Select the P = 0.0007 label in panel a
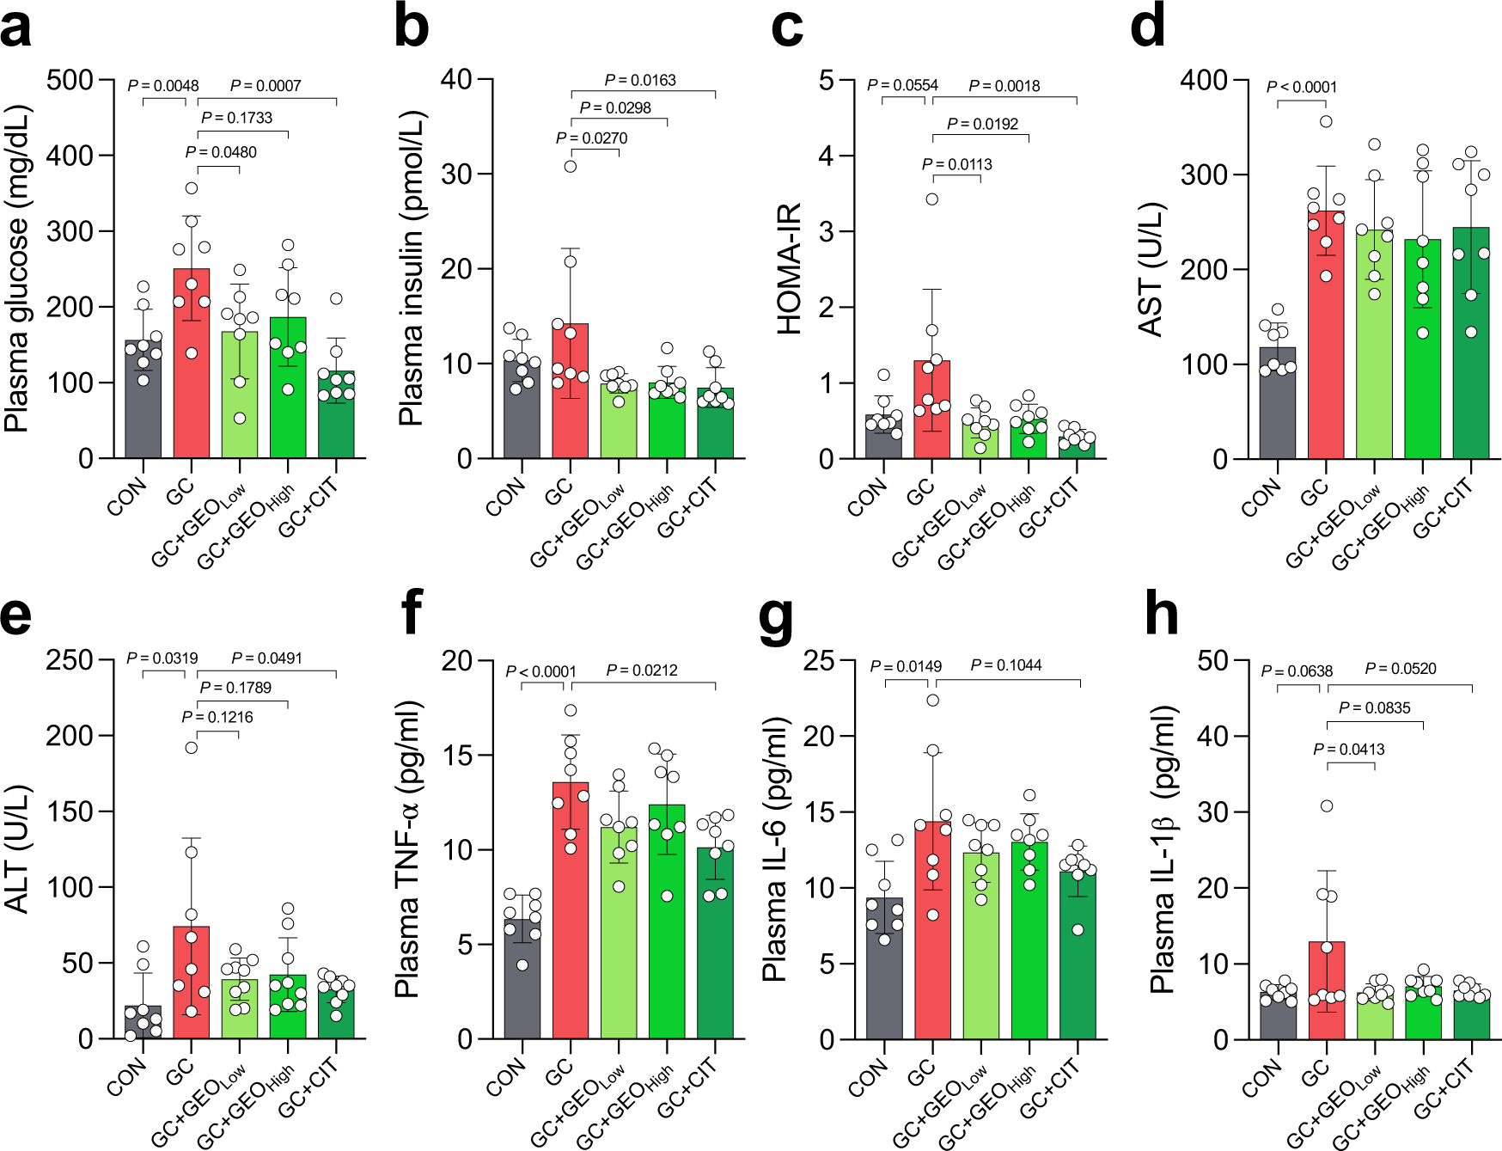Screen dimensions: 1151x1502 pos(266,86)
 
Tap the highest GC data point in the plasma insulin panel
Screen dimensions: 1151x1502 pos(571,166)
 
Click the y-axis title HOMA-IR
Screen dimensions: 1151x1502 pos(788,268)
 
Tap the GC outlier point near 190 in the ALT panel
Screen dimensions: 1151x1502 pos(192,748)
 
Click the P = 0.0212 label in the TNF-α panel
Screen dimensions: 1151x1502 pos(641,670)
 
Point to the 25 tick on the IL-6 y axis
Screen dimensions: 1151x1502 pos(818,660)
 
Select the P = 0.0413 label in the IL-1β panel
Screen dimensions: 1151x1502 pos(1348,750)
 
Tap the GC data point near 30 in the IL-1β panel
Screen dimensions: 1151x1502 pos(1327,805)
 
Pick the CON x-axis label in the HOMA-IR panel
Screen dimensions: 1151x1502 pos(866,498)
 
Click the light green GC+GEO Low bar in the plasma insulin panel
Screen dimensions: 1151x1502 pos(619,423)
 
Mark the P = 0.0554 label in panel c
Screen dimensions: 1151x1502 pos(902,86)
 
